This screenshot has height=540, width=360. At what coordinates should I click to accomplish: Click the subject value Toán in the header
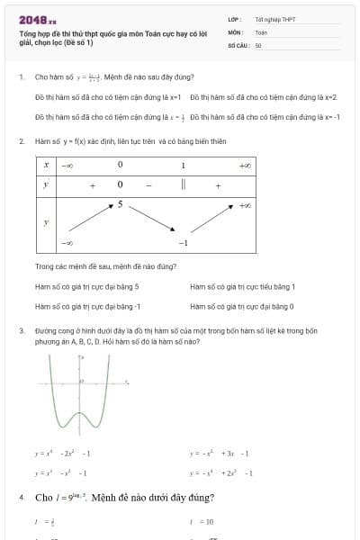coord(261,31)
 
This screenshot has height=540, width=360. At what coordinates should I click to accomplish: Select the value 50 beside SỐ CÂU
coord(258,44)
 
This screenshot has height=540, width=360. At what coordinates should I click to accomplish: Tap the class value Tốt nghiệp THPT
coord(274,19)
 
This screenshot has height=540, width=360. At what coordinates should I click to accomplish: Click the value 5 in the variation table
coord(119,205)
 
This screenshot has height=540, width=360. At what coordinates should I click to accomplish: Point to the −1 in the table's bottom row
coord(183,243)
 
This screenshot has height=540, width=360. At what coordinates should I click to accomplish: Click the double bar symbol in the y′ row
coord(183,184)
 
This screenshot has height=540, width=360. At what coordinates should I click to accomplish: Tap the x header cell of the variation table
coord(46,166)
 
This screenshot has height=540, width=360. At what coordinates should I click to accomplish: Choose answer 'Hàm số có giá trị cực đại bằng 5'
coord(86,286)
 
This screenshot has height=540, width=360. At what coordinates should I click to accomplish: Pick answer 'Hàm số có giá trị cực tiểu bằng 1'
coord(243,286)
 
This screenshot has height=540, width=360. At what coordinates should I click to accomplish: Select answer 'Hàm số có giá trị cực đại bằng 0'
coord(242,307)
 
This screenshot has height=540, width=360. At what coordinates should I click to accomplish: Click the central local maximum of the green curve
coord(81,409)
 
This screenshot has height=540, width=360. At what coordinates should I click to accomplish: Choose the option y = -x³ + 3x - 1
coord(220,454)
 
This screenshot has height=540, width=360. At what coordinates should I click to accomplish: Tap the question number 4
coord(21,497)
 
